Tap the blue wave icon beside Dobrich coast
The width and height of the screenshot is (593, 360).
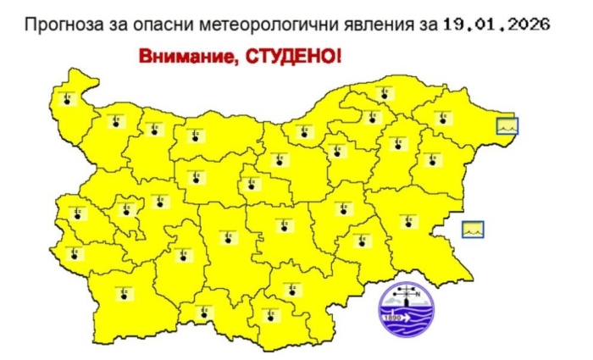pos(507,126)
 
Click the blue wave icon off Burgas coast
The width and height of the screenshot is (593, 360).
pos(473,228)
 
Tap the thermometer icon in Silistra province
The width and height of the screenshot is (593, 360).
pos(385,92)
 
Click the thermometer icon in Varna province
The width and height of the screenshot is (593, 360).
pos(433,158)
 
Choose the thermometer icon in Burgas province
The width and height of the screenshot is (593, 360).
pos(409,222)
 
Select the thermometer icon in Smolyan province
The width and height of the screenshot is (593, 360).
pos(269,315)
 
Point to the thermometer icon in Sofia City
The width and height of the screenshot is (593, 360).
pos(131,211)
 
